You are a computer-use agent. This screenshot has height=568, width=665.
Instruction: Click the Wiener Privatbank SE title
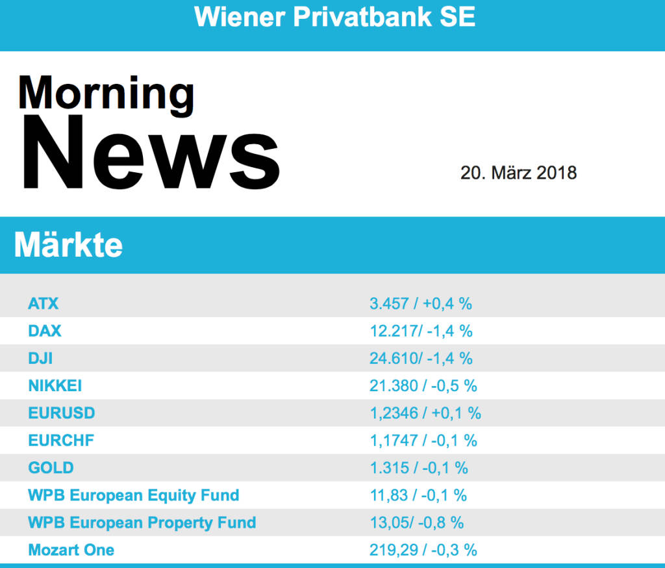pos(334,18)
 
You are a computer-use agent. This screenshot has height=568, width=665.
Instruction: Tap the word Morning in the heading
pos(106,92)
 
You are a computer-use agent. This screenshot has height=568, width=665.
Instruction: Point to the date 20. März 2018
pos(518,173)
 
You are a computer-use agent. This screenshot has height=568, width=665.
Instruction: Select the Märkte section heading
pos(68,245)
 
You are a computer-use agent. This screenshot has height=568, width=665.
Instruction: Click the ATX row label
pos(44,303)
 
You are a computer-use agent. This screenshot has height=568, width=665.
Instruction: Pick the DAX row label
pos(45,331)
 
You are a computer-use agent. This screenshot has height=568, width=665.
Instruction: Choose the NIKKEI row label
pos(55,385)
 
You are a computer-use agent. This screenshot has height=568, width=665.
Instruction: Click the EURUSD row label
pos(62,413)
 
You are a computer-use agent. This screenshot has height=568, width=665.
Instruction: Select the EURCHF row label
pos(61,440)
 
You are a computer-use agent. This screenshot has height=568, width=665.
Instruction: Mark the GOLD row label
pos(51,467)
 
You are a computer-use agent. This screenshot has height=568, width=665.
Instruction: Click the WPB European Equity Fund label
pos(134,495)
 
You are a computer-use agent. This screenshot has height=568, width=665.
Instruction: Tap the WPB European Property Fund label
pos(142,523)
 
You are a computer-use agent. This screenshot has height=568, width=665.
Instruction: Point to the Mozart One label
pos(71,550)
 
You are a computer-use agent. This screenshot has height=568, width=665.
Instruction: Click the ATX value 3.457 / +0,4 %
pos(420,303)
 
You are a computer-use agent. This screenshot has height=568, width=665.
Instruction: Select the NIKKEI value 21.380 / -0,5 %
pos(423,385)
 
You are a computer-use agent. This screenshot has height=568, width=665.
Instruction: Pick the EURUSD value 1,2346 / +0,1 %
pos(425,413)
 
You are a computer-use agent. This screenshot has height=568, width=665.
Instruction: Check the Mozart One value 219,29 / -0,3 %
pos(423,550)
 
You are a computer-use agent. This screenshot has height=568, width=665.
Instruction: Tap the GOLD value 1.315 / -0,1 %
pos(418,467)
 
